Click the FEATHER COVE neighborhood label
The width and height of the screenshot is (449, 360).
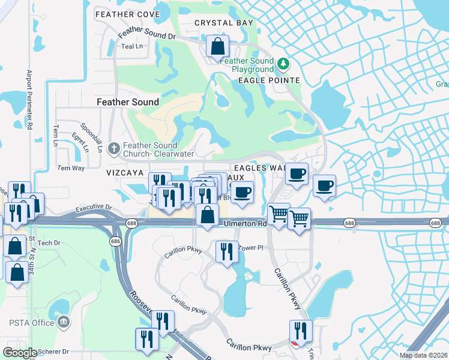click(x=127, y=14)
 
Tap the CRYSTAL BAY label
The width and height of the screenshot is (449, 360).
click(x=224, y=23)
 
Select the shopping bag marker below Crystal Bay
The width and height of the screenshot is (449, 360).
click(x=217, y=46)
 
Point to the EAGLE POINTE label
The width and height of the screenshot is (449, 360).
click(x=269, y=80)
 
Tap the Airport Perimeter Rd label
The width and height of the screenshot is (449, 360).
click(x=28, y=99)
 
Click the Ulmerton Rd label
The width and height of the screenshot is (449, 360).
click(x=245, y=223)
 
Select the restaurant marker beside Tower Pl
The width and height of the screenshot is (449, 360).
click(x=226, y=251)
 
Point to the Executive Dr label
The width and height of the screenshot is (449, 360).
click(x=94, y=208)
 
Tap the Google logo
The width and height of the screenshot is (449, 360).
click(x=19, y=353)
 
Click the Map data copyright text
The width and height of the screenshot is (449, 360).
click(x=423, y=355)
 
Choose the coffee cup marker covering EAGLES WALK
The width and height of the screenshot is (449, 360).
click(x=296, y=173)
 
